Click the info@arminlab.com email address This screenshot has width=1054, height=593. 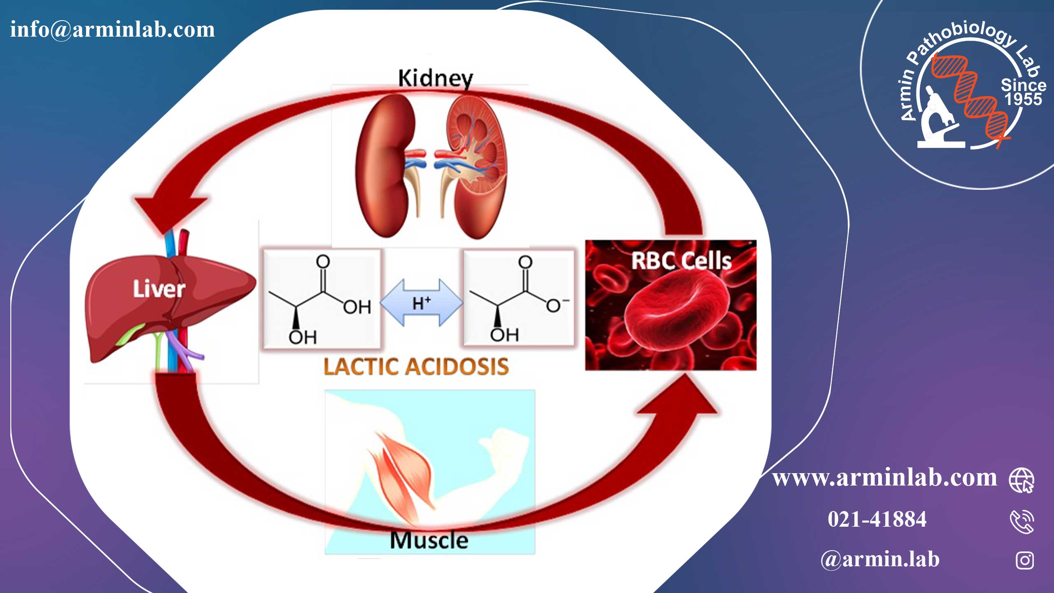[112, 30]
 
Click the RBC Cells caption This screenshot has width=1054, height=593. [681, 261]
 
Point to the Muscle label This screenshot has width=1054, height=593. [429, 540]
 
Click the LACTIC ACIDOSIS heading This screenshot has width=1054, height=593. [416, 367]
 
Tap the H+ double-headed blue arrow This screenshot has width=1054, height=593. [421, 303]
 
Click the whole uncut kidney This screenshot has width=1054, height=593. [385, 165]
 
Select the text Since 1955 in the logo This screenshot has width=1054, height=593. [1024, 92]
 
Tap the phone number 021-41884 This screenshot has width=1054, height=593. [877, 519]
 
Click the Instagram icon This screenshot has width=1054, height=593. [1024, 560]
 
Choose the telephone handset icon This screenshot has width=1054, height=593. [1022, 521]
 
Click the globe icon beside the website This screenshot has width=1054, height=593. [1021, 480]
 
